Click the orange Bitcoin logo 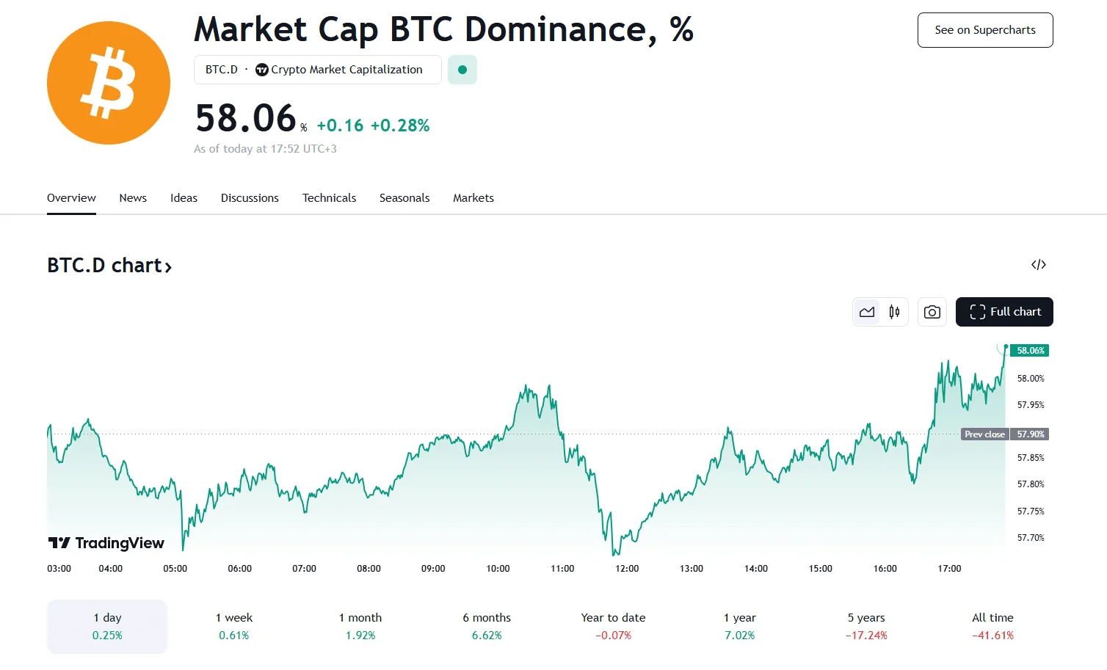(x=109, y=83)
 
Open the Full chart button (x=1004, y=312)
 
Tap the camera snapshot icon (x=932, y=312)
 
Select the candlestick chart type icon (x=894, y=312)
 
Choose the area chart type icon (x=867, y=312)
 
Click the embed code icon (x=1038, y=265)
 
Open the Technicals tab (x=329, y=198)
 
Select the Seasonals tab (x=404, y=198)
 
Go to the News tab (x=133, y=198)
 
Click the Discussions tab (x=250, y=198)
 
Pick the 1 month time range (x=360, y=626)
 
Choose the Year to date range (x=613, y=626)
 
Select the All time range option (x=992, y=626)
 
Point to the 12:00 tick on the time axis (x=627, y=569)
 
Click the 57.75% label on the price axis (x=1030, y=511)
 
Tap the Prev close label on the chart (x=984, y=434)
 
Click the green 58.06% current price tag (x=1030, y=351)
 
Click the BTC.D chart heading (x=109, y=266)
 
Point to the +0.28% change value (x=400, y=125)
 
